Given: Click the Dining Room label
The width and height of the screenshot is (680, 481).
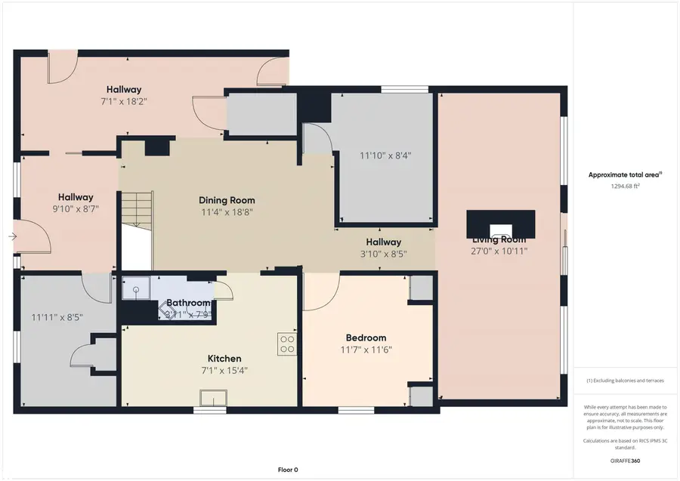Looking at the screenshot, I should pos(227,200).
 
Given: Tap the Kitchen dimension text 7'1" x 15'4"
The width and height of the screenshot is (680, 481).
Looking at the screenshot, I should pos(224,371).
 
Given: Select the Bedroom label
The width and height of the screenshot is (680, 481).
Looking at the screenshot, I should pos(366,338).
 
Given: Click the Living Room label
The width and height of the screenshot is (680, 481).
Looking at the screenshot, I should pos(499,239).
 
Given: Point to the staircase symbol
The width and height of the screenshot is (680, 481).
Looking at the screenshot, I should pos(137,209).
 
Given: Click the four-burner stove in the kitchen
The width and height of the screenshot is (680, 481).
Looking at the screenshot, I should pos(287,344).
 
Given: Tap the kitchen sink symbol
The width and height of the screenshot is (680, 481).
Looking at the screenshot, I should pos(212,398).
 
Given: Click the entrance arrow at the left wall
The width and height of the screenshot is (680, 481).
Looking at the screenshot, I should pos(12,236).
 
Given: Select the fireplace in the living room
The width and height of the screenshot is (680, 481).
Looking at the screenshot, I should pos(500,225).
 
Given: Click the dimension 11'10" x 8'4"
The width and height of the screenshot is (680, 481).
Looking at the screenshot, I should pos(385,156).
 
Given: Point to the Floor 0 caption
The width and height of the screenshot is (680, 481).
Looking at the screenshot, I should pos(287,470).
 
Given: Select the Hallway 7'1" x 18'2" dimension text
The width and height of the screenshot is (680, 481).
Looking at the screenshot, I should pos(123,100).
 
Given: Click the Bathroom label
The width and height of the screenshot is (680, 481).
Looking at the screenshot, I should pos(188,303).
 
